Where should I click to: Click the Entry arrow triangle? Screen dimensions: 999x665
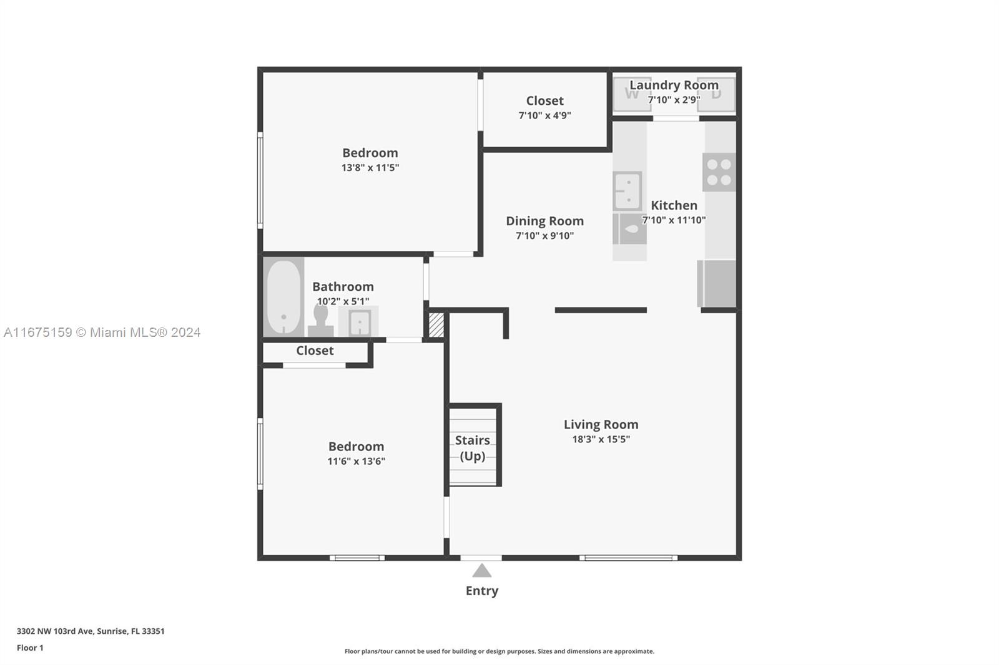click(481, 571)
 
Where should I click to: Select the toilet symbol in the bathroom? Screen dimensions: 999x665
click(321, 321)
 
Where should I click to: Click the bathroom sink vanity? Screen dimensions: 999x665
click(358, 321)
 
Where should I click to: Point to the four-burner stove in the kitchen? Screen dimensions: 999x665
click(719, 172)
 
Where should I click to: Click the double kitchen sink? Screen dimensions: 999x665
click(627, 191)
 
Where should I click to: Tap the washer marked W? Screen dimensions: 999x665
click(632, 94)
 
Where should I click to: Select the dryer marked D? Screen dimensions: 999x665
click(716, 94)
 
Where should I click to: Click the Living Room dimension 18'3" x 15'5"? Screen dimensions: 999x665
click(601, 439)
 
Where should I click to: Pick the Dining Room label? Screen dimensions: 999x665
click(544, 221)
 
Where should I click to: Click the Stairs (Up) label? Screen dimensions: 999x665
click(472, 448)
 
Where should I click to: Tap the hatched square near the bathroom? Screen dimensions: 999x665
click(436, 325)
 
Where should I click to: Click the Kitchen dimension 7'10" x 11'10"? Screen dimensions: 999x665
click(674, 220)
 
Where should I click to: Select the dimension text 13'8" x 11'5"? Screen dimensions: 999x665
click(370, 168)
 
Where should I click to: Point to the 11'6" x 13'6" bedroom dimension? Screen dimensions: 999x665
click(356, 461)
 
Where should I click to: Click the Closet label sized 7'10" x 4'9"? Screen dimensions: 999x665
click(544, 100)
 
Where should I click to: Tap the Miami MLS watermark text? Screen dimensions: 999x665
click(102, 332)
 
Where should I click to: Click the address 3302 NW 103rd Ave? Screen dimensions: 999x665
click(55, 631)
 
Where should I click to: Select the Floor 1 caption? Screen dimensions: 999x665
click(30, 648)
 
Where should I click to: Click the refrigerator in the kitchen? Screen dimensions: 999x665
click(717, 283)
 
